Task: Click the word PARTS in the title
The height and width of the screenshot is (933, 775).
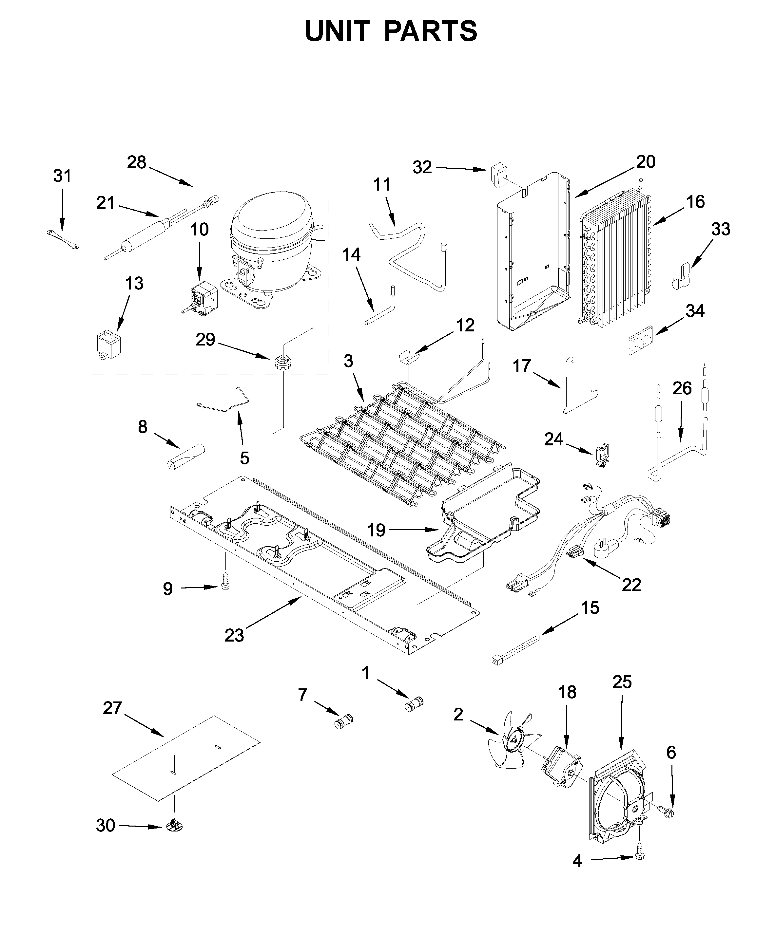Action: point(430,31)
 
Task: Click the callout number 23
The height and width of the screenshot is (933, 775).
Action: point(234,635)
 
